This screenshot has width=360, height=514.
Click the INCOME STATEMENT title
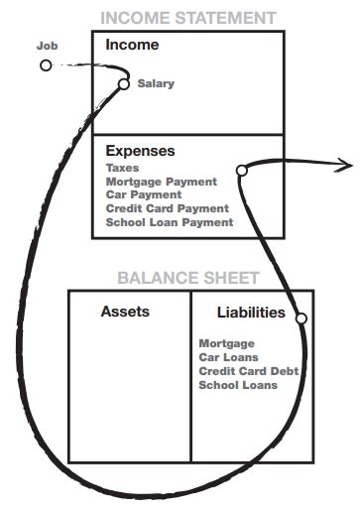[187, 18]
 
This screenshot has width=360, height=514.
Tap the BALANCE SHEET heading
[188, 278]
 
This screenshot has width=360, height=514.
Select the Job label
[47, 47]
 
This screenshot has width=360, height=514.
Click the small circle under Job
[46, 65]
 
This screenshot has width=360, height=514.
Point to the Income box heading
[131, 46]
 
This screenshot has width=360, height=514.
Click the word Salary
[156, 84]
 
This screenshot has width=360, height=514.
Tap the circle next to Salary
[124, 84]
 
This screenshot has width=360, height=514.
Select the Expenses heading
[140, 152]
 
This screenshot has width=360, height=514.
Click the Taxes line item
[123, 169]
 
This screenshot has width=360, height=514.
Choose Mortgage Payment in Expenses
[161, 182]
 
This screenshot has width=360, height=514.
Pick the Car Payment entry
[145, 195]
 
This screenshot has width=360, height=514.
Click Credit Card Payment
[167, 208]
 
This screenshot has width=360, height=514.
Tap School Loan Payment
[169, 222]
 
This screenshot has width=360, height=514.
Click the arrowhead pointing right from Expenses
[346, 163]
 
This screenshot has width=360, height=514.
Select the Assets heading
[125, 312]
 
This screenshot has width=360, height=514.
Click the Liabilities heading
[251, 313]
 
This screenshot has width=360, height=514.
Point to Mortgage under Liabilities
[227, 343]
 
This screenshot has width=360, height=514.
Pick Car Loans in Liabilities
[229, 357]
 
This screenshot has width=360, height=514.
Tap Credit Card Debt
[249, 370]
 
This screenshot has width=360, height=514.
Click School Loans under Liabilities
[238, 384]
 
